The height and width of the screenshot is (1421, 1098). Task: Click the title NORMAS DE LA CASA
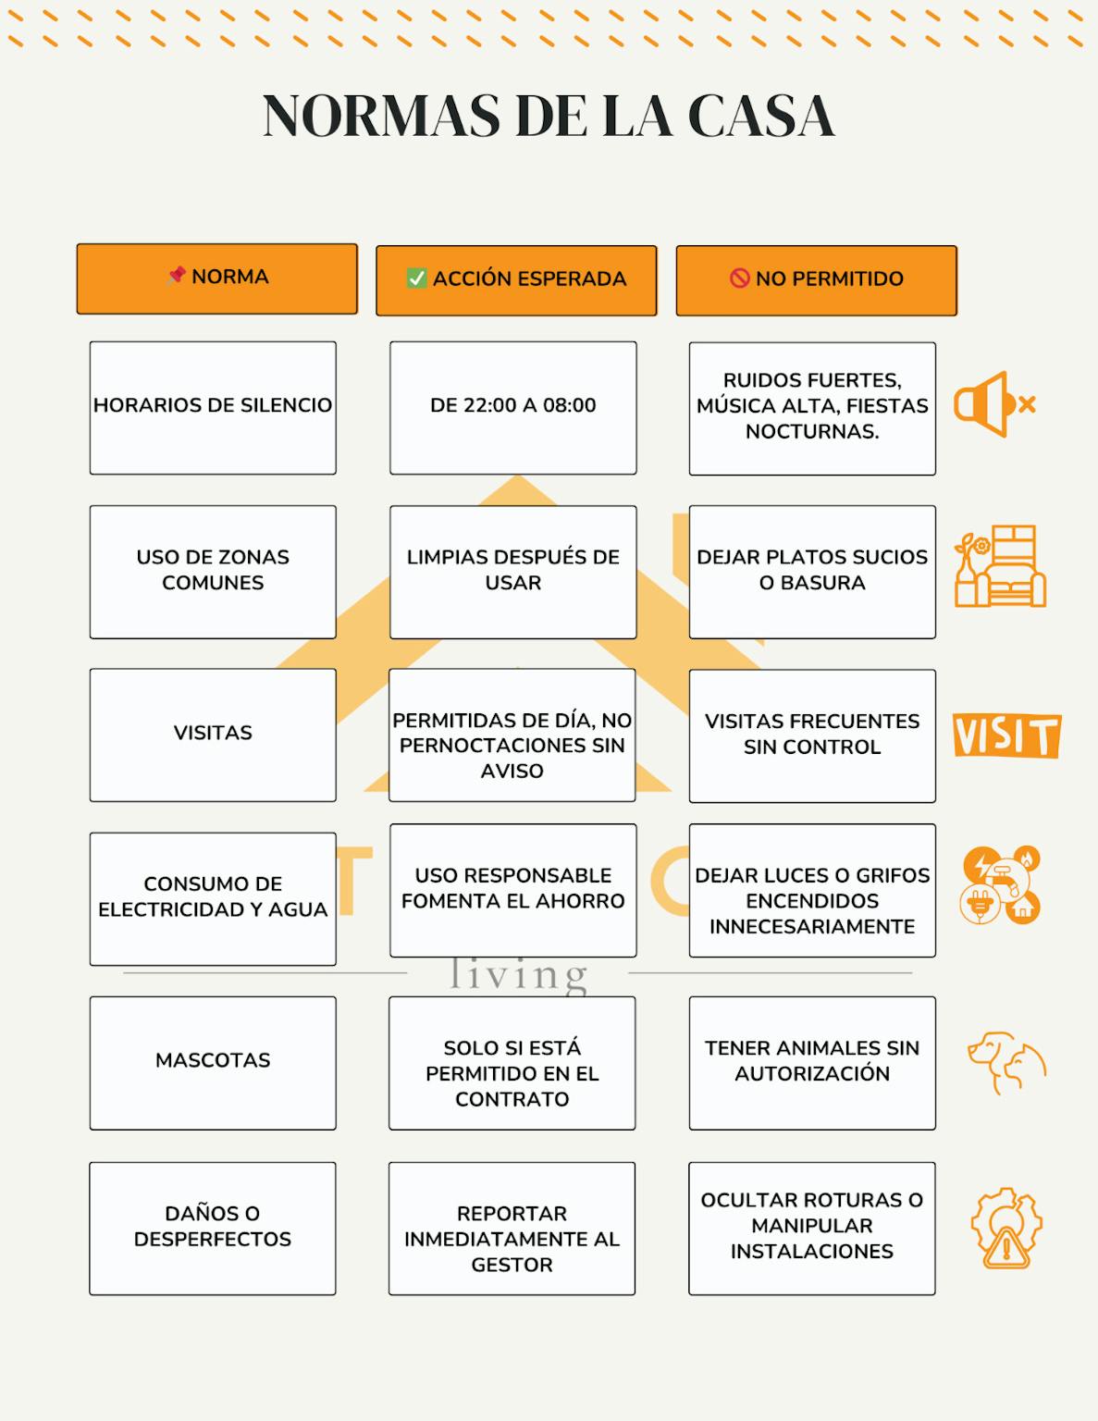549,117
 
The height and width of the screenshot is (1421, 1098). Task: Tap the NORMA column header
216,278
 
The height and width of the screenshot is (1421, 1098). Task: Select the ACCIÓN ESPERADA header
516,279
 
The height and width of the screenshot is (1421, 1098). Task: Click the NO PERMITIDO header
816,279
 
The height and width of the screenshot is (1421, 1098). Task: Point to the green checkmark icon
417,278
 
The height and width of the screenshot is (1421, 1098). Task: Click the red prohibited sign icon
740,278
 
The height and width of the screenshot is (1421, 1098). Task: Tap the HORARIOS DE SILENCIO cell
213,407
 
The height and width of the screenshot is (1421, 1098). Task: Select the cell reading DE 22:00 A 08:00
512,407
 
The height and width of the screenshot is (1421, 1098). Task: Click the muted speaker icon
994,404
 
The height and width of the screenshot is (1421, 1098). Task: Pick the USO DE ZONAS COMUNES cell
213,571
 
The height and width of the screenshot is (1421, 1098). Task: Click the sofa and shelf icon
1000,566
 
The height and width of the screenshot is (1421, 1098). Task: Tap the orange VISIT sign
1006,735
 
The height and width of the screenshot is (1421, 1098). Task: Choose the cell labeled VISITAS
213,735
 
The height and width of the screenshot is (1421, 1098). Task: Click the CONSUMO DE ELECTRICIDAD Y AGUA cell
213,898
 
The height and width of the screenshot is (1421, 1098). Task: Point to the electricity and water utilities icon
1001,885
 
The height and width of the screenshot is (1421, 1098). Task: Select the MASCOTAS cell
213,1062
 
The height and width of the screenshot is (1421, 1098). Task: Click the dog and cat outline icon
1006,1062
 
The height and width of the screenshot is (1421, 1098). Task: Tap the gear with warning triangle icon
1005,1228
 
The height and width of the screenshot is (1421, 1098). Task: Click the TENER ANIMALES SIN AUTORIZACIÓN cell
812,1062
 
